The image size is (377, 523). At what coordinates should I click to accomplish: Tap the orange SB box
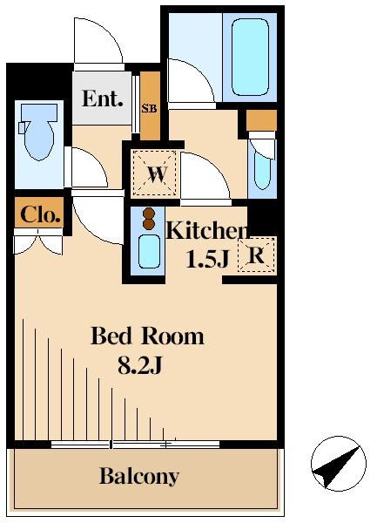149,108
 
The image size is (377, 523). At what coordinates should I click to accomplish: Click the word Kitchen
207,231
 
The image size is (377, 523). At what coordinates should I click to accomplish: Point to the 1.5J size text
206,260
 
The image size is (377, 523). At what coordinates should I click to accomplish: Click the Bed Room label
147,336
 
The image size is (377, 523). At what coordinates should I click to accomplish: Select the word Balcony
139,477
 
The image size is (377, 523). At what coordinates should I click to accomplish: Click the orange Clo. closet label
39,214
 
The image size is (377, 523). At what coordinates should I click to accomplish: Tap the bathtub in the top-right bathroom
251,58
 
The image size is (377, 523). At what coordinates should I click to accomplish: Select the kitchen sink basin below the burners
148,252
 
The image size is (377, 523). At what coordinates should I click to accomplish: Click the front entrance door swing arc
96,41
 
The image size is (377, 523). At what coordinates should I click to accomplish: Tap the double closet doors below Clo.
39,243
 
